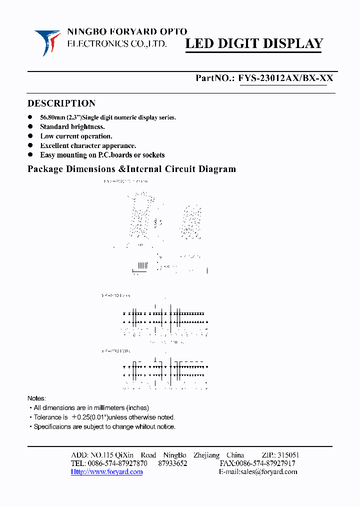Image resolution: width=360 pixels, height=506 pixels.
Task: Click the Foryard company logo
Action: click(x=47, y=42)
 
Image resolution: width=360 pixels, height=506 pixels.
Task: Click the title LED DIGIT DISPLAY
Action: click(x=254, y=43)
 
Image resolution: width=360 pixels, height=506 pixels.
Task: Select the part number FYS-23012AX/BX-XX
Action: click(x=285, y=78)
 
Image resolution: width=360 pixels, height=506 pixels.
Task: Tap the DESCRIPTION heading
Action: click(x=61, y=103)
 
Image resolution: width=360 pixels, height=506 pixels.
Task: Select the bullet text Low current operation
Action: click(x=76, y=136)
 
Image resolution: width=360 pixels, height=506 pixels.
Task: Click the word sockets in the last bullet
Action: click(x=153, y=155)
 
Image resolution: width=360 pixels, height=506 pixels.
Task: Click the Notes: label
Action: click(x=36, y=398)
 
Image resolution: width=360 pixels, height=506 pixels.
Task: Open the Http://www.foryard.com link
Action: click(x=106, y=471)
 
